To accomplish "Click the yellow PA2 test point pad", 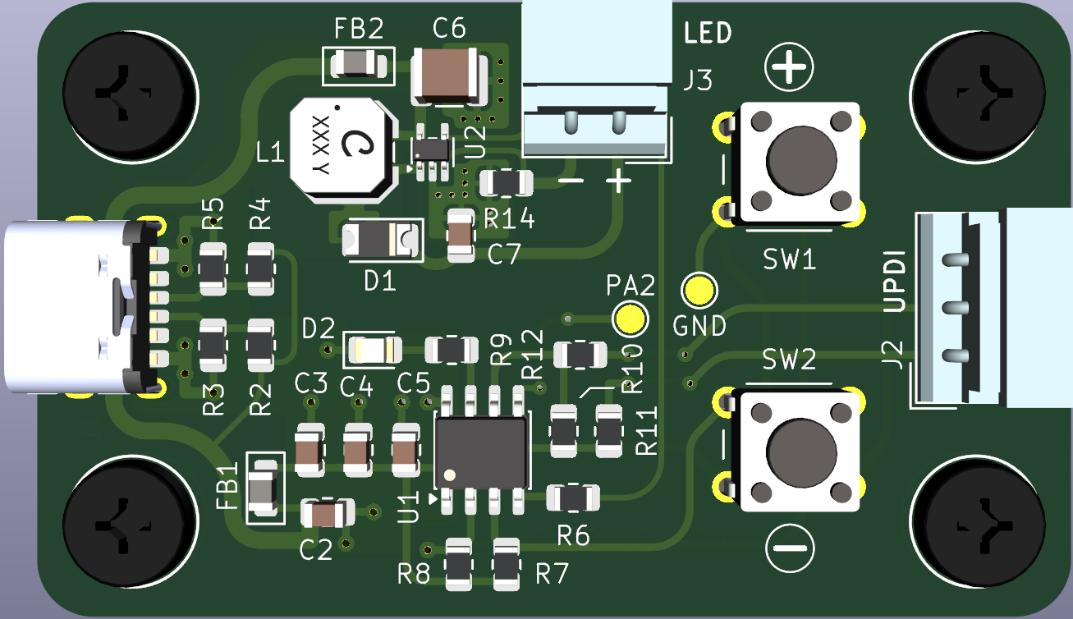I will point(630,318).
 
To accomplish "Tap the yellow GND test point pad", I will point(699,289).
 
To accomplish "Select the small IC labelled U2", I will point(431,149).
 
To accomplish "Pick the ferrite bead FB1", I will point(263,488).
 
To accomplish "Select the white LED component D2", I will point(374,351).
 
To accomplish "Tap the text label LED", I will point(708,34).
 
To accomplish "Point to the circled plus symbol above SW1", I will point(789,69).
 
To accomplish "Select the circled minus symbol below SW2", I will point(791,548).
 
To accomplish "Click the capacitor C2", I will point(328,514).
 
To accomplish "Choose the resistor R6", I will point(573,497).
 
